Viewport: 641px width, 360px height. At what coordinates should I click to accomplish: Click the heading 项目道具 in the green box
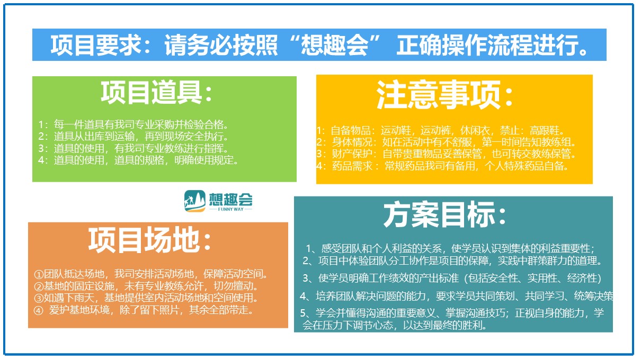point(152,92)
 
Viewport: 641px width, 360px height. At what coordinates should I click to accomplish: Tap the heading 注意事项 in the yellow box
point(439,95)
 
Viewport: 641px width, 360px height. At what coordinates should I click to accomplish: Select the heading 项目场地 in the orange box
point(144,240)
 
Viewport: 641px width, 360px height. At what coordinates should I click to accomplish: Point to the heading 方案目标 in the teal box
point(439,214)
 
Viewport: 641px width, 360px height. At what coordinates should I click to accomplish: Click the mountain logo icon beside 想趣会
point(194,201)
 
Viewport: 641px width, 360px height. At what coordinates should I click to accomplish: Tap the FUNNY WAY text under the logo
point(230,209)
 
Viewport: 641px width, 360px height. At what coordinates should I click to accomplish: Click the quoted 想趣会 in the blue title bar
point(334,45)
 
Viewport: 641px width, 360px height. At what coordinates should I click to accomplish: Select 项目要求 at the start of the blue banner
point(95,45)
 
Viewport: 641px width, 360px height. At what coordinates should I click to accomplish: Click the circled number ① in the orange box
point(38,275)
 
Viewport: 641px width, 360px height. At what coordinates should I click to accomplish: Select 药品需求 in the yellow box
point(352,166)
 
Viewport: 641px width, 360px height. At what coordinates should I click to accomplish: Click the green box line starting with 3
point(133,148)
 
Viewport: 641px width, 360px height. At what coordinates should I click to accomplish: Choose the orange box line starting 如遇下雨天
point(146,298)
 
